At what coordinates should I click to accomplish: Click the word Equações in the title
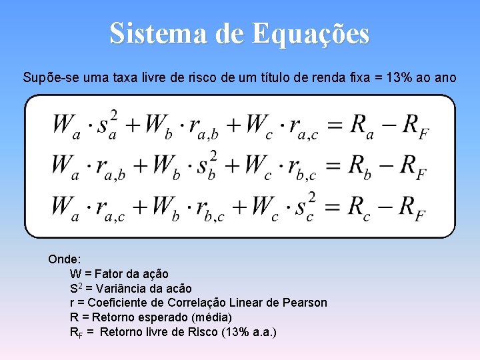coord(311,33)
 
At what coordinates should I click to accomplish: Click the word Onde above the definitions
coord(64,259)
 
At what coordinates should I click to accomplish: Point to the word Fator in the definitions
coord(109,273)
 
